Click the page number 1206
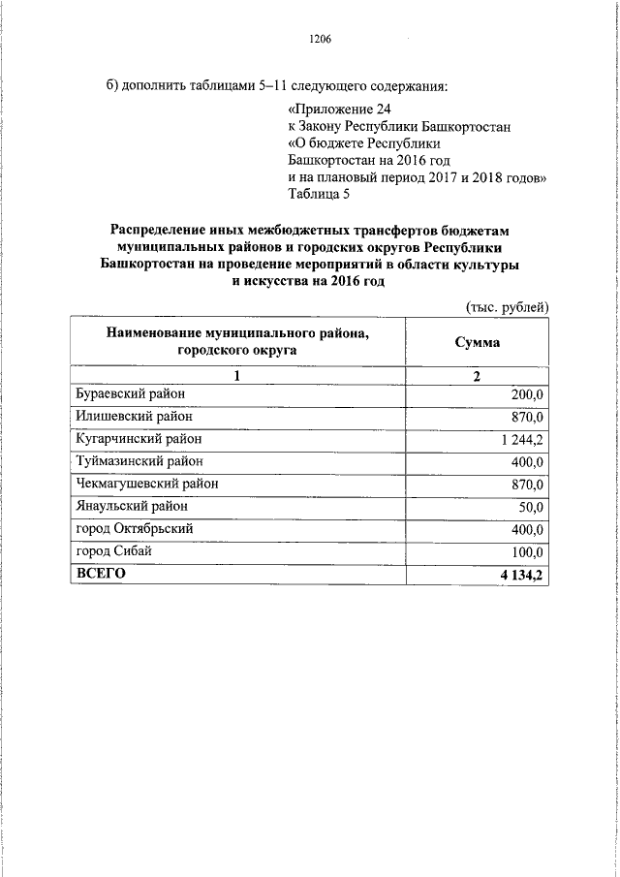(x=320, y=40)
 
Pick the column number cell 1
(x=237, y=375)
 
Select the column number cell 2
(x=477, y=375)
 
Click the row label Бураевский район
(x=130, y=392)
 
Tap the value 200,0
(x=529, y=393)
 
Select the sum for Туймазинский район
(x=529, y=462)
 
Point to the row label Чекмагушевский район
(x=146, y=484)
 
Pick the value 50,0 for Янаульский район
(x=532, y=507)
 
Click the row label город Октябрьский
(x=135, y=528)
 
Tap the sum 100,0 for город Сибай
(x=529, y=552)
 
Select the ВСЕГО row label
(x=101, y=574)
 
